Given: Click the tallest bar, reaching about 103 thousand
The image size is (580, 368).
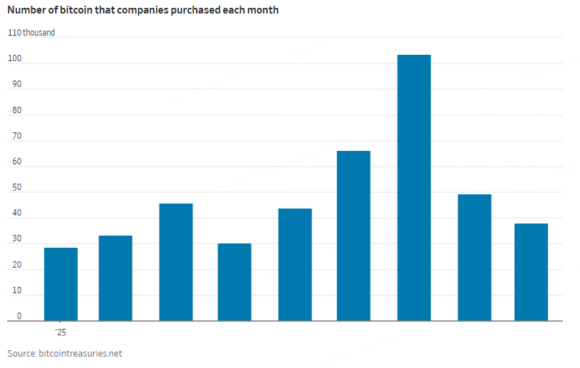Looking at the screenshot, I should (x=414, y=188).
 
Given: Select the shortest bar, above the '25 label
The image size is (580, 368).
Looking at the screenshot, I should (x=61, y=284).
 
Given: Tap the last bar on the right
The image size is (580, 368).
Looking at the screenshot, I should (x=531, y=272).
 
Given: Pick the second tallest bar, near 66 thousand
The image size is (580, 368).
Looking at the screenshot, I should (x=353, y=236).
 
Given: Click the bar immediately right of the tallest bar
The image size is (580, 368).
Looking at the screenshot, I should (x=475, y=257).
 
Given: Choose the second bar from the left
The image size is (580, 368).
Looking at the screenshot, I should (x=115, y=278).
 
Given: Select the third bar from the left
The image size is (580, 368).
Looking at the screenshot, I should (x=176, y=262).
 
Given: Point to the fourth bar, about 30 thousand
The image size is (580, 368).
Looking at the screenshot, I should (x=234, y=282).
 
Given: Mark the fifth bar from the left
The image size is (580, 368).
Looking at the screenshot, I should (x=295, y=264).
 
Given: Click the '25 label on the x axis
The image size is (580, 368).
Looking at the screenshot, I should (x=61, y=332).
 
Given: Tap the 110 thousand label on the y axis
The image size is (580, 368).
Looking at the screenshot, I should (x=31, y=33).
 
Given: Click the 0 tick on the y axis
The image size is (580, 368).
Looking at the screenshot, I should (x=19, y=316).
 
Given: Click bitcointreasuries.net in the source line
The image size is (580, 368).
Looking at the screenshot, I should (x=82, y=353).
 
